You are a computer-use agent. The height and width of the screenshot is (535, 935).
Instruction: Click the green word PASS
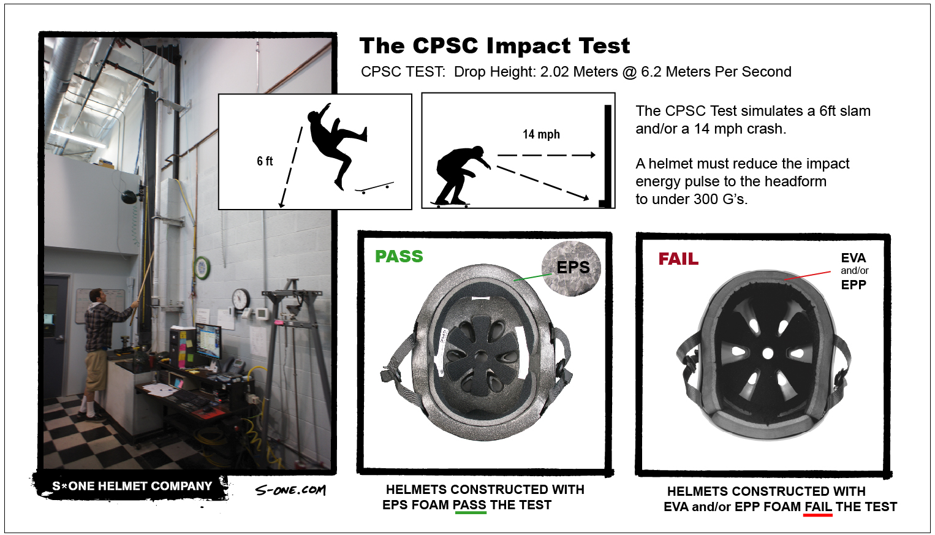pos(399,256)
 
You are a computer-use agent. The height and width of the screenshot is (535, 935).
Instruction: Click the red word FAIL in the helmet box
pos(678,259)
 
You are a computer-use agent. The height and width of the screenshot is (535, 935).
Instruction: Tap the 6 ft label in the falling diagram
pos(265,161)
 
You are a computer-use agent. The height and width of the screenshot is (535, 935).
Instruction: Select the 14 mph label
pos(541,134)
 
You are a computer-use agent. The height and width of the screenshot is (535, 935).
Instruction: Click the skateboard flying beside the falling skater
pos(374,188)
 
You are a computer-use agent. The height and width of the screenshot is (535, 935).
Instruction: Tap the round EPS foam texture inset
pos(571,268)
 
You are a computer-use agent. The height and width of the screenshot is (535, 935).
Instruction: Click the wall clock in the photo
pos(241,298)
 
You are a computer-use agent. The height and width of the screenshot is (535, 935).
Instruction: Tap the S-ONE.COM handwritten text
pos(290,490)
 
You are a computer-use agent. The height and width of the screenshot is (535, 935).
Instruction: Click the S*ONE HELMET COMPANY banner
pos(132,486)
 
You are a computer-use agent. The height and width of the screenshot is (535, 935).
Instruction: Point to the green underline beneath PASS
pos(471,513)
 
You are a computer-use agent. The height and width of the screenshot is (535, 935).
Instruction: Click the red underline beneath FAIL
pos(817,515)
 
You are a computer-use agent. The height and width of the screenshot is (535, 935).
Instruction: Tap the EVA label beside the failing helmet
pos(853,258)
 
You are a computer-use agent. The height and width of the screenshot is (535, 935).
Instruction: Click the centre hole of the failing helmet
pos(768,354)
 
